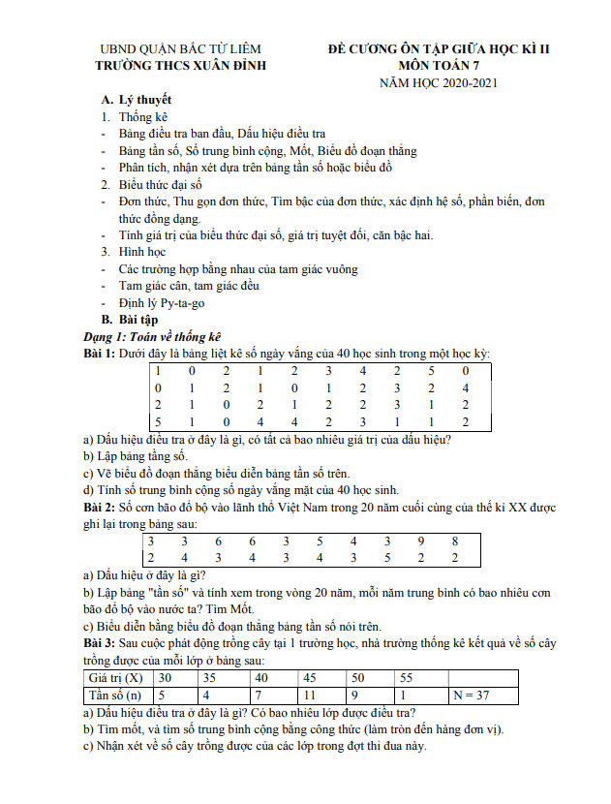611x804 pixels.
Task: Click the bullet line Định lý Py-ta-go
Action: click(162, 302)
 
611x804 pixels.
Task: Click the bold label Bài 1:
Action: click(100, 354)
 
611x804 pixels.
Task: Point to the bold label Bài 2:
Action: click(100, 507)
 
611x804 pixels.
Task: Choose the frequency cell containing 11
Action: click(311, 695)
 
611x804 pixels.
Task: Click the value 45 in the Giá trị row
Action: click(311, 677)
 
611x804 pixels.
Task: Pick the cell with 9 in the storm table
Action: click(420, 541)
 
